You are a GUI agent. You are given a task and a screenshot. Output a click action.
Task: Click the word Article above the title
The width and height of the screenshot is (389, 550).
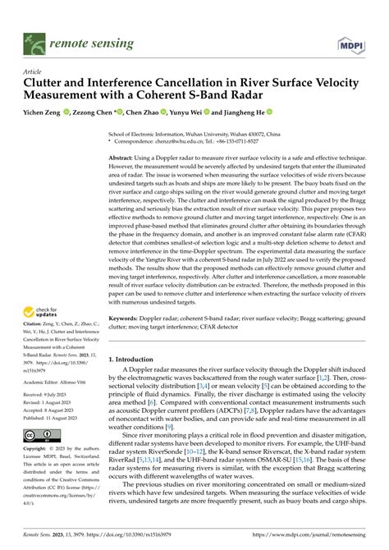[34, 71]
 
